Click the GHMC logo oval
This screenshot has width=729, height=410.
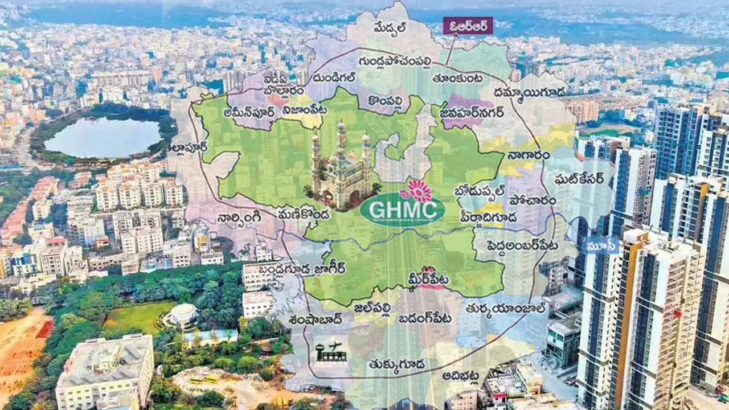402,211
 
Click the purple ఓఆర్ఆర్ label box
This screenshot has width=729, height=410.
468,26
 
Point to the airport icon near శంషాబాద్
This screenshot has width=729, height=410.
331,352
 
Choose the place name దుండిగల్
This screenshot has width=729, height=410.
334,78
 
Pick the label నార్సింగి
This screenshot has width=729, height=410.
239,217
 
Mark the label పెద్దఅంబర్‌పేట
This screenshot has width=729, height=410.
515,245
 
